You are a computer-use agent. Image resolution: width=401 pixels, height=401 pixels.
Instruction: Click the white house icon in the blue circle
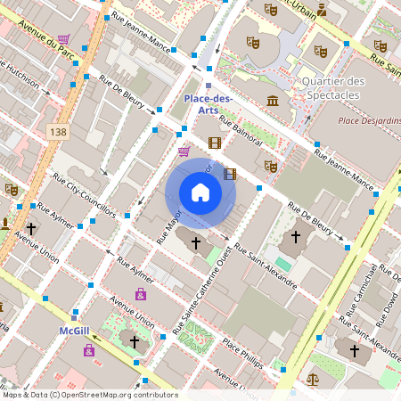pos(200,192)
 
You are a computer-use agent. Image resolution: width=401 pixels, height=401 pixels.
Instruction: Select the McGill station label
pos(73,331)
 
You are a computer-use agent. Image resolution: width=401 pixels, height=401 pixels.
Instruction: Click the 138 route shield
pos(59,131)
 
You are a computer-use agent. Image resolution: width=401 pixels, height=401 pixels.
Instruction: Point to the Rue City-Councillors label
pos(86,199)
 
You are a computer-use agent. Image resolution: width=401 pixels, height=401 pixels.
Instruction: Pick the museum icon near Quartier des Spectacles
pos(272,99)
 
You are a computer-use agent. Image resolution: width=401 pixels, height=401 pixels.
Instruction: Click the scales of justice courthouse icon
pos(312,379)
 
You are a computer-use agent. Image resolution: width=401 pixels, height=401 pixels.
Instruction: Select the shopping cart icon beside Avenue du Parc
pos(63,39)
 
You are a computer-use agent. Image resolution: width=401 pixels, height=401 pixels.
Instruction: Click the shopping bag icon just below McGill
pos(88,350)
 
